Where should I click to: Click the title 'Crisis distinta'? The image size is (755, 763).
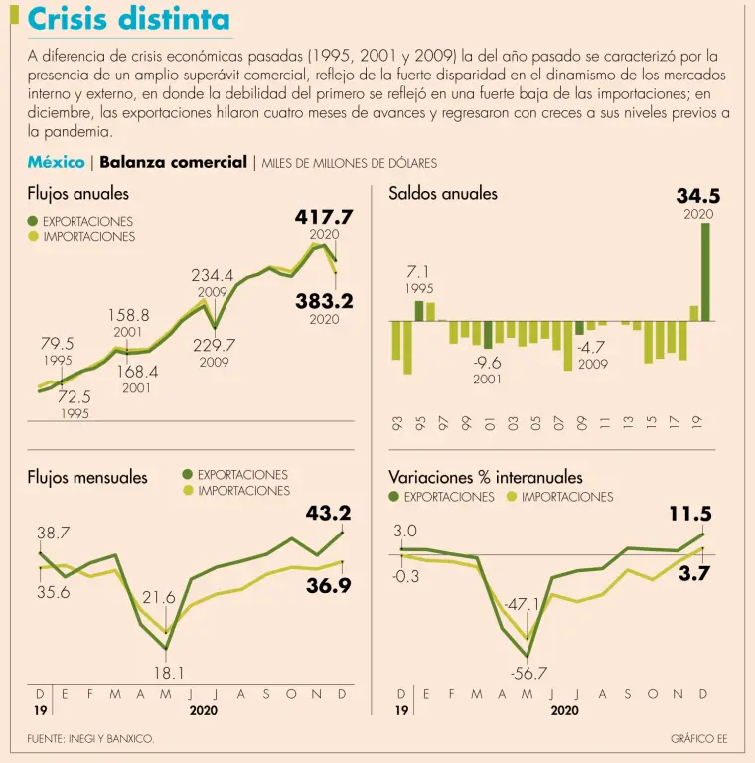(128, 20)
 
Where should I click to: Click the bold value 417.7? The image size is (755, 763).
(324, 216)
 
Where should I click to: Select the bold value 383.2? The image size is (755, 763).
(324, 300)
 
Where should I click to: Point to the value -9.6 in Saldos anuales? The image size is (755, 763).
(487, 363)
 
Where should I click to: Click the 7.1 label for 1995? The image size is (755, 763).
(418, 271)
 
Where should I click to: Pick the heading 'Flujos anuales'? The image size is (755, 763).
(77, 194)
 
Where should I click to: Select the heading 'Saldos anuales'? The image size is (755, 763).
(443, 194)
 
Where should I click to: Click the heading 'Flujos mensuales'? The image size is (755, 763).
(87, 478)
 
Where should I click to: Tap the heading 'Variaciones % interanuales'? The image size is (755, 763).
(486, 478)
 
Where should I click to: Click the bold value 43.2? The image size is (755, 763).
(328, 514)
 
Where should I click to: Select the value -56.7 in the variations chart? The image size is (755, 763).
(528, 673)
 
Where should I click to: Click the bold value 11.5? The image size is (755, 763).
(690, 514)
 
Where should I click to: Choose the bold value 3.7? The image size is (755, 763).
(692, 573)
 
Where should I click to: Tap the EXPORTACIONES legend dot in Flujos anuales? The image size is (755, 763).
(33, 221)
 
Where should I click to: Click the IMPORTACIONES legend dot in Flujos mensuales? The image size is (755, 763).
(189, 490)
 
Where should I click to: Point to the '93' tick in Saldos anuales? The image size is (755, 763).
(396, 424)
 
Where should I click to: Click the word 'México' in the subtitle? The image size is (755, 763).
(56, 162)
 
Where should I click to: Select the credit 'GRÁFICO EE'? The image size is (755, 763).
(698, 739)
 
